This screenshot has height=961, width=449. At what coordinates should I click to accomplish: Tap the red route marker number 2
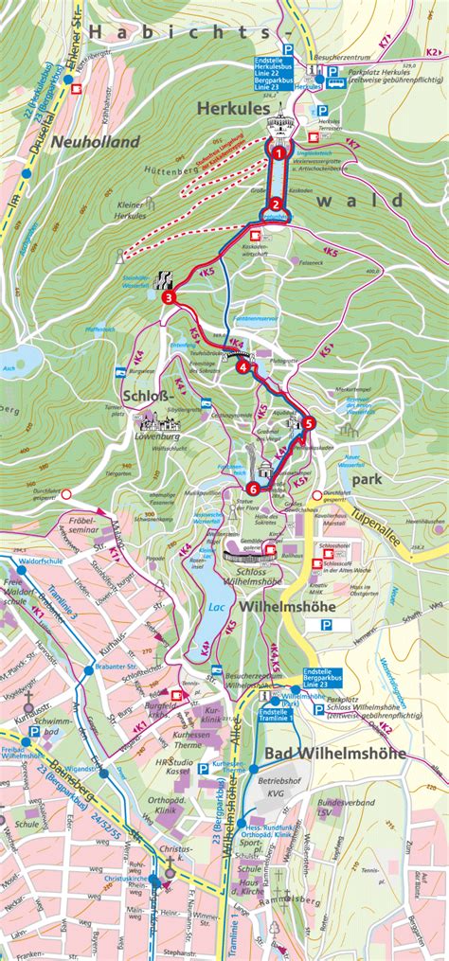point(275,205)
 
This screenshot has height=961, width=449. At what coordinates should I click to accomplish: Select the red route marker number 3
point(168,298)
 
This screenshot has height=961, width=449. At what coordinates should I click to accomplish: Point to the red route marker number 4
point(243,367)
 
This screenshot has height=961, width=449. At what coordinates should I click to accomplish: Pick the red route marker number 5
point(310,423)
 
